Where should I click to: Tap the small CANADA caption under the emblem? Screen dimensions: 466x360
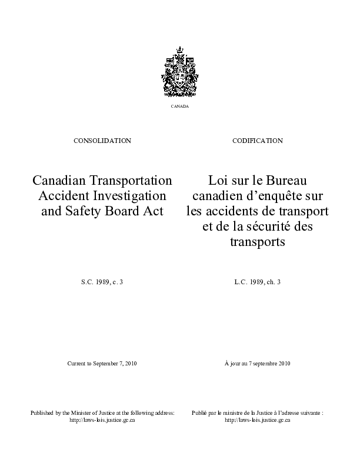pyautogui.click(x=180, y=106)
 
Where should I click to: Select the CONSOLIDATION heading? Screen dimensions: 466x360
pyautogui.click(x=102, y=141)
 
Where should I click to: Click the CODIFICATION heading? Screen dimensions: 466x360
pyautogui.click(x=258, y=141)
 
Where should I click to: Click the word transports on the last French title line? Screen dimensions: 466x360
pyautogui.click(x=258, y=241)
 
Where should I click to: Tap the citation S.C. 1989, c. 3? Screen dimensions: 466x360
pyautogui.click(x=102, y=283)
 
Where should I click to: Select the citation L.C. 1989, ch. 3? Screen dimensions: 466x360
pyautogui.click(x=258, y=283)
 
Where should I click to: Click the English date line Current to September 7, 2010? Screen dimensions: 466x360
pyautogui.click(x=102, y=364)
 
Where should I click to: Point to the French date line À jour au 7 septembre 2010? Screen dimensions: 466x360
pyautogui.click(x=258, y=364)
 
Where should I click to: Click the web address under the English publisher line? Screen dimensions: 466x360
pyautogui.click(x=102, y=421)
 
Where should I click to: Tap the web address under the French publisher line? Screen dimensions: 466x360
pyautogui.click(x=258, y=421)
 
